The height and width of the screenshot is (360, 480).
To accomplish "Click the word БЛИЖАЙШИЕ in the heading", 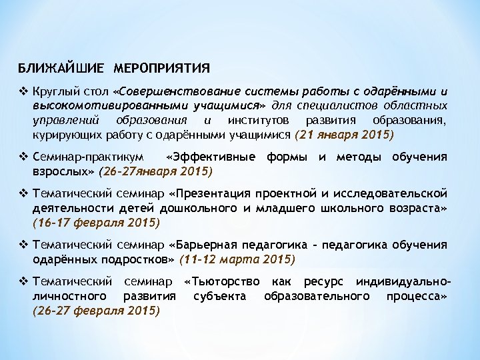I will (61, 68).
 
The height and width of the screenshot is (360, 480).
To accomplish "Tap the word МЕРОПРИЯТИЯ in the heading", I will (162, 68).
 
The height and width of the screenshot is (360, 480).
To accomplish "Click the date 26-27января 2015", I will (156, 171).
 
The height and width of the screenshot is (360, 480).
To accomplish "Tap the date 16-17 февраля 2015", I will (97, 222).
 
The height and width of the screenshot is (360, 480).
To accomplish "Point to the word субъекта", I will (219, 295).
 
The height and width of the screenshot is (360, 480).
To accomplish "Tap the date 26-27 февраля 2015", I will (97, 310).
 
